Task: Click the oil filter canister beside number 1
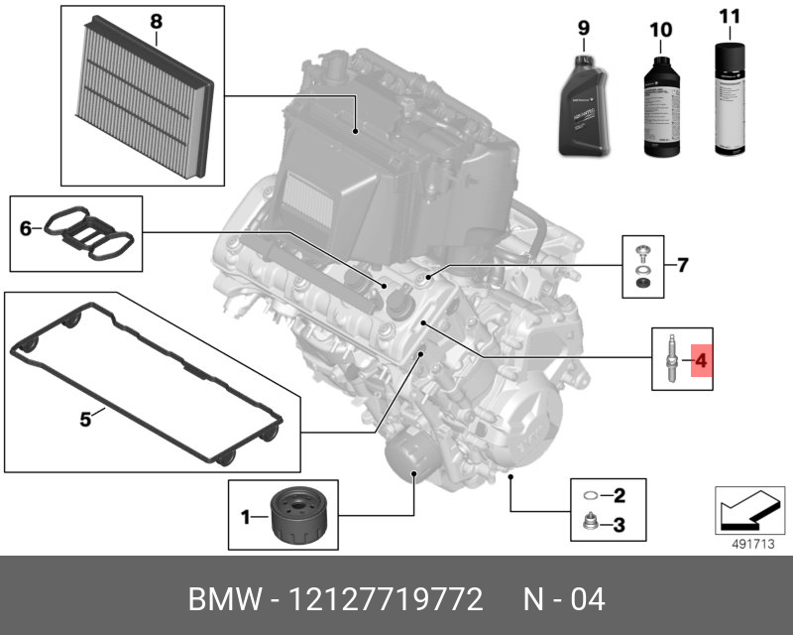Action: point(301,514)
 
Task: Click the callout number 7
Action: point(682,265)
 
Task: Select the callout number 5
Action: point(85,420)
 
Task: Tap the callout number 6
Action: point(26,229)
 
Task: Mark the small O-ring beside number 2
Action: point(591,494)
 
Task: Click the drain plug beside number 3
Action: point(591,523)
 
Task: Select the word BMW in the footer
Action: point(220,600)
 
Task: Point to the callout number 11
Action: point(730,16)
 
